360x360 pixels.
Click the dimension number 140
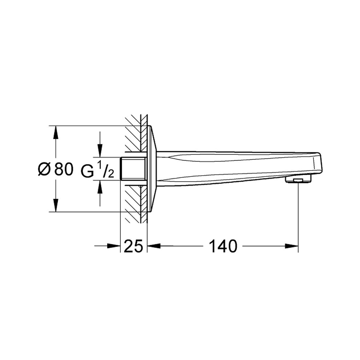pos(223,247)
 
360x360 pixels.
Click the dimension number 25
pos(133,247)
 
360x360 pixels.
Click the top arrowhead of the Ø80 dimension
pos(55,132)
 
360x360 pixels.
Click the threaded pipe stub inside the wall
pos(133,169)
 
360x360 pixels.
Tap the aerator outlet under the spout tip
pos(298,179)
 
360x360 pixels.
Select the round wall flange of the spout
pos(152,169)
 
